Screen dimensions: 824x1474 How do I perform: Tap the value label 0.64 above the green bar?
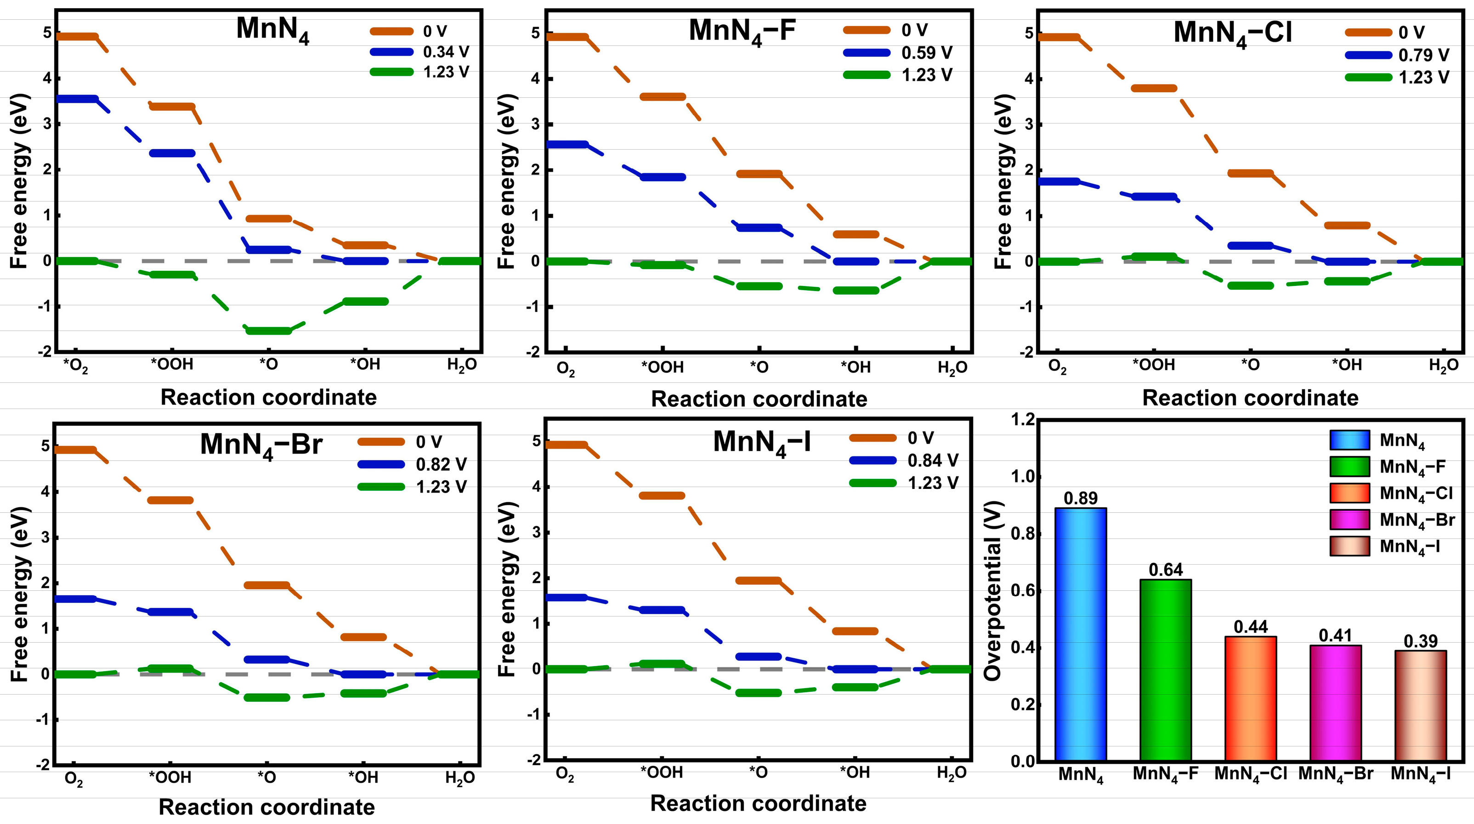[1166, 570]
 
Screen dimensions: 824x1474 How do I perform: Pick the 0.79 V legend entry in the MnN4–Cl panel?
[1397, 55]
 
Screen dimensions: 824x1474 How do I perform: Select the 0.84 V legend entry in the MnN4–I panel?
[904, 460]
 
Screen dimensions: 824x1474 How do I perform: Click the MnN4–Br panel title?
[261, 445]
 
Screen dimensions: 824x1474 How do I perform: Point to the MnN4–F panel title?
[742, 31]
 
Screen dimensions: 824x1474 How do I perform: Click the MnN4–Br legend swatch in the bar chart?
[1349, 520]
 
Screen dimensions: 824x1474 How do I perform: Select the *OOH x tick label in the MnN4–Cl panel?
[1154, 365]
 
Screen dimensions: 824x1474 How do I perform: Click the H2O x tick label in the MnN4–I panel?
[952, 773]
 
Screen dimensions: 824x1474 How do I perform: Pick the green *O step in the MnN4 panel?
[268, 331]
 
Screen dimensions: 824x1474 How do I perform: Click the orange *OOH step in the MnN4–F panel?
[663, 97]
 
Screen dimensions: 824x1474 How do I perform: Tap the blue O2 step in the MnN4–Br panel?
[74, 599]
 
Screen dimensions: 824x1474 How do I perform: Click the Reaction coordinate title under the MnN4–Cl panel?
[1250, 398]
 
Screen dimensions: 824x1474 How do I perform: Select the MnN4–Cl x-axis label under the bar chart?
[1250, 774]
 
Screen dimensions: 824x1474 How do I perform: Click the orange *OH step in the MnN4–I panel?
[855, 631]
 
